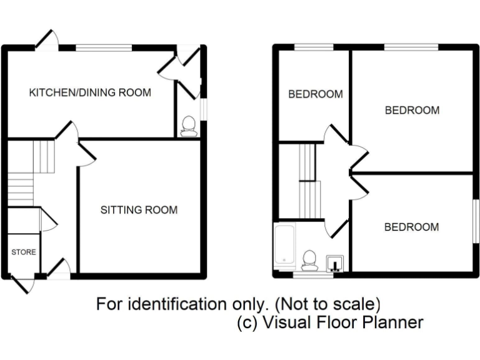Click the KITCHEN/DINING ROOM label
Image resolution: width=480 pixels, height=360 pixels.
click(90, 92)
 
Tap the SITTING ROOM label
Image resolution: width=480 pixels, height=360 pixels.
click(139, 210)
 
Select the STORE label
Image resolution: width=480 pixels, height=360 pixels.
click(23, 252)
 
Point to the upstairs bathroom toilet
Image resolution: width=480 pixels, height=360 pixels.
click(309, 259)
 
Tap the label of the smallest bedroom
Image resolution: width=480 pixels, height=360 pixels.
click(315, 94)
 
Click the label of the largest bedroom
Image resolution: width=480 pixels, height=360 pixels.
click(412, 111)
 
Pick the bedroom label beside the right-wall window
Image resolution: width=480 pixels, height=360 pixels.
click(411, 227)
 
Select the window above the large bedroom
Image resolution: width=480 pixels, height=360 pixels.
click(411, 47)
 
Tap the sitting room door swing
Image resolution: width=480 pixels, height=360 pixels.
click(86, 154)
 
